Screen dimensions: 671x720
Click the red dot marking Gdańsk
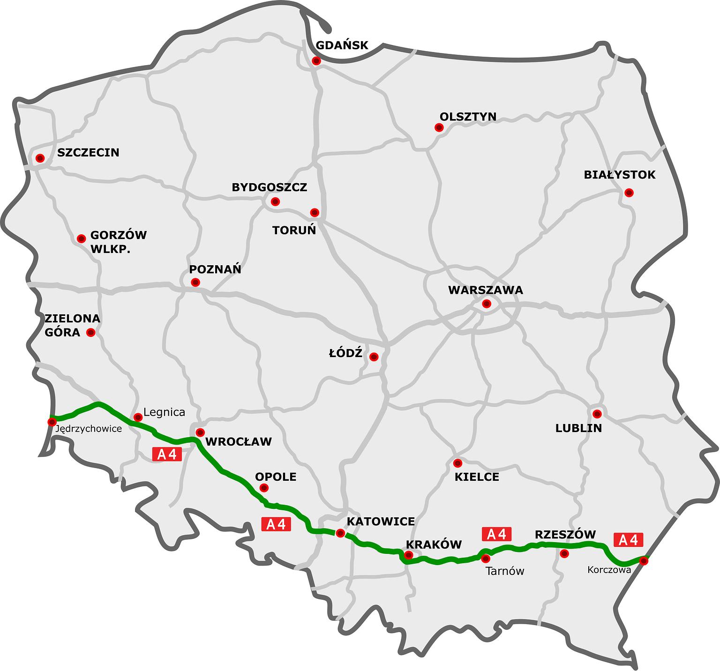pos(316,60)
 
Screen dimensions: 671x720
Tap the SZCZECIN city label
pos(88,152)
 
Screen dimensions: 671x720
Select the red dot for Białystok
pos(629,193)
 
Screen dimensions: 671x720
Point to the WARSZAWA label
pos(485,290)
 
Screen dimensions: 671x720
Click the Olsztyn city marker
pos(439,127)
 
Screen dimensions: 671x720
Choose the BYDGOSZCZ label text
pos(270,187)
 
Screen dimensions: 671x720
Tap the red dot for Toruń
pos(315,213)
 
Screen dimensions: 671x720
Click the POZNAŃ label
pos(215,269)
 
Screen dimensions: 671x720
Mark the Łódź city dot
pos(374,357)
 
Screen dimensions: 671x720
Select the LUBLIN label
pos(578,428)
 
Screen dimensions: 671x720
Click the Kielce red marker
pos(458,463)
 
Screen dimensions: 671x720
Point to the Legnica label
pos(164,412)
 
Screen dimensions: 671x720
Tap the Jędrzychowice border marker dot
pos(52,422)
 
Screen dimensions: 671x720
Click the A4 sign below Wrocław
pos(167,454)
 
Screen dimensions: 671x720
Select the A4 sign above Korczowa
pos(628,540)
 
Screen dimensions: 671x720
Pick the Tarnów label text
pos(505,571)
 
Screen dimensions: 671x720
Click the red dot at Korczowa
pos(644,560)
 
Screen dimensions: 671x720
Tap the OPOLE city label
pos(276,477)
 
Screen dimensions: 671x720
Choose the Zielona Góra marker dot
pos(91,333)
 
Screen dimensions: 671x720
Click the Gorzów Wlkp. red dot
pos(81,239)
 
